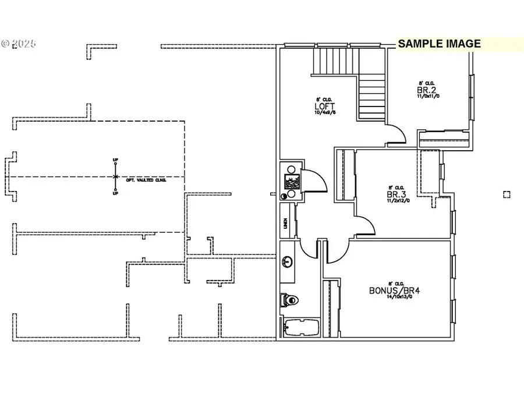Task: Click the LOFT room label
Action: (x=321, y=107)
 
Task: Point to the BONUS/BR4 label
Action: (x=394, y=290)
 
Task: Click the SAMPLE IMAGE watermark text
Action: (x=439, y=44)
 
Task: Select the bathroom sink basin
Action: (x=287, y=262)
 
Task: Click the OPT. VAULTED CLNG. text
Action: (x=146, y=180)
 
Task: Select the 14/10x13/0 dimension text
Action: (x=394, y=297)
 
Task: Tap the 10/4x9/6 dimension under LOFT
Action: (x=321, y=113)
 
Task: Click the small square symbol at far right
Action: (x=507, y=194)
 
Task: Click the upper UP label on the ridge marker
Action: (x=115, y=160)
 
